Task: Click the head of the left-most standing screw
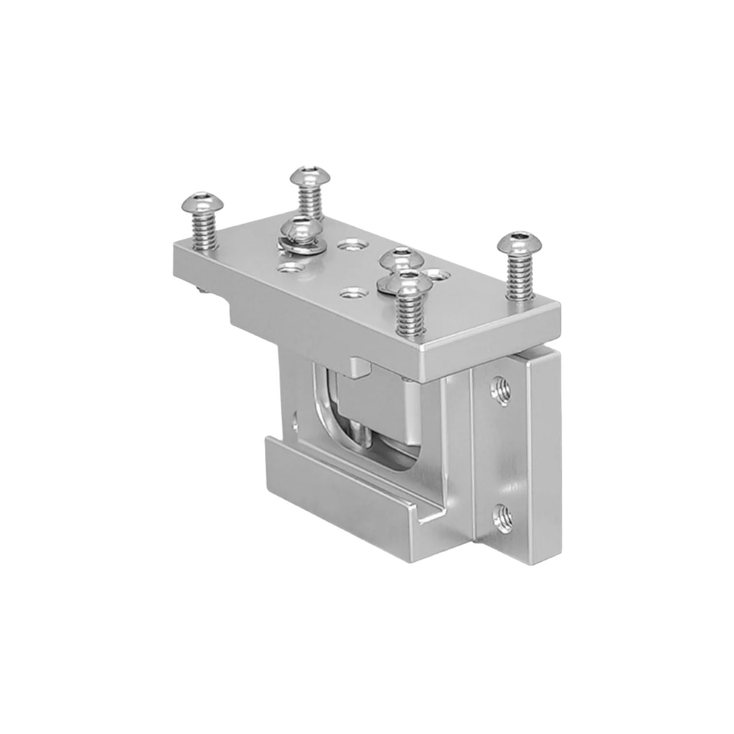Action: click(x=197, y=201)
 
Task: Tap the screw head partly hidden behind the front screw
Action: click(x=401, y=257)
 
